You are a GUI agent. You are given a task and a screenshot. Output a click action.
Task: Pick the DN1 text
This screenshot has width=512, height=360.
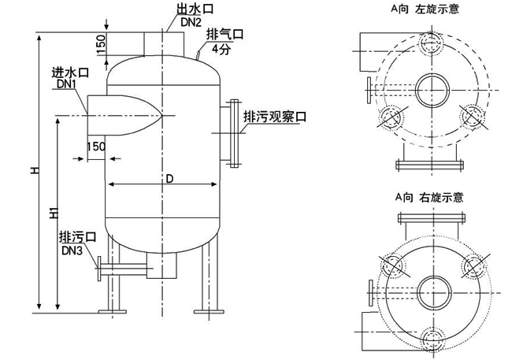[67, 84]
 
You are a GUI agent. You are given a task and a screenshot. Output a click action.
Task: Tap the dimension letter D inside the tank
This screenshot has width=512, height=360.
[169, 178]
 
